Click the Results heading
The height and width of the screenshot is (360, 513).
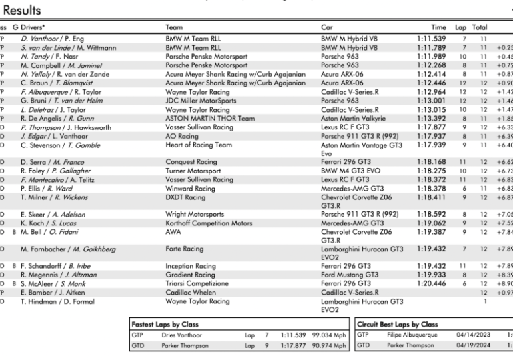[x=21, y=10]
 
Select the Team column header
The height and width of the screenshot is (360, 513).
[x=174, y=28]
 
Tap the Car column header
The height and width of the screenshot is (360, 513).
[x=327, y=28]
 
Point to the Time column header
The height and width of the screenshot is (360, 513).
[x=438, y=28]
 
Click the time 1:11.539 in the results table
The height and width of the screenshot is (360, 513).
[x=432, y=39]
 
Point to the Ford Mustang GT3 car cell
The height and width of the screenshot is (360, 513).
[x=350, y=275]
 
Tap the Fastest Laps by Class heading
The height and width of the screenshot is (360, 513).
[x=165, y=324]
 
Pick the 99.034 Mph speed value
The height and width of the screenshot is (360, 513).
[x=330, y=335]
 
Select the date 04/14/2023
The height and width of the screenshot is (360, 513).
[x=473, y=335]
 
